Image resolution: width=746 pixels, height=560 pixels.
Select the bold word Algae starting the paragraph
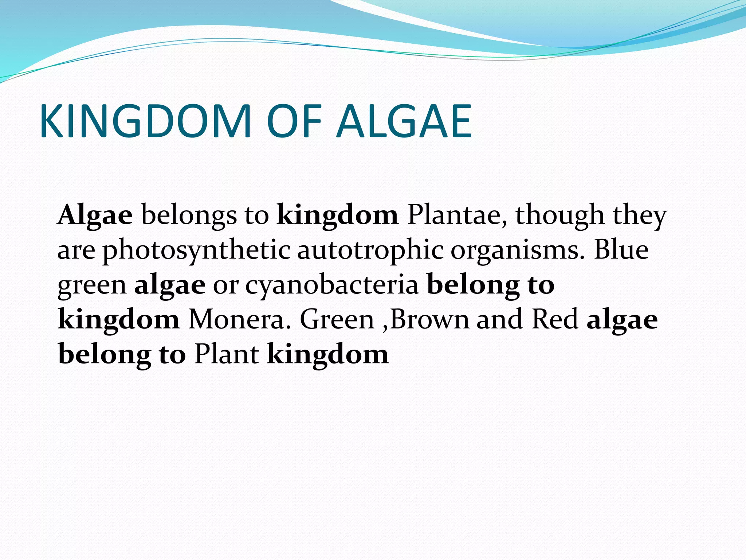[95, 215]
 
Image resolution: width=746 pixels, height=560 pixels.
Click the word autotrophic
[370, 251]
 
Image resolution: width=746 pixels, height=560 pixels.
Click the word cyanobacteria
[332, 285]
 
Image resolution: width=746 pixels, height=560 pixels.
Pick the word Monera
[240, 320]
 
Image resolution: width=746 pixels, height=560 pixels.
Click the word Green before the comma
[337, 320]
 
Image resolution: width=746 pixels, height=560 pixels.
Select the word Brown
[430, 320]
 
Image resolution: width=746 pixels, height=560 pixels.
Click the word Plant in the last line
[227, 354]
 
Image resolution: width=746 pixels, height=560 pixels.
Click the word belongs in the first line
[189, 215]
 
